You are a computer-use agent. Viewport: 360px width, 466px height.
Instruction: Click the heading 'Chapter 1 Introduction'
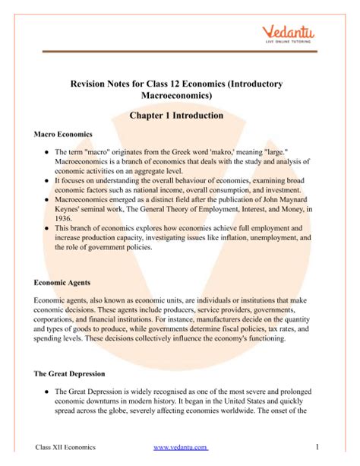coord(179,116)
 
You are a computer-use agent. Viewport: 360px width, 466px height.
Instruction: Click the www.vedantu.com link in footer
coord(180,447)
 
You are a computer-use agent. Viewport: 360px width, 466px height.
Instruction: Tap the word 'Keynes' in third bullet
coord(71,205)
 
